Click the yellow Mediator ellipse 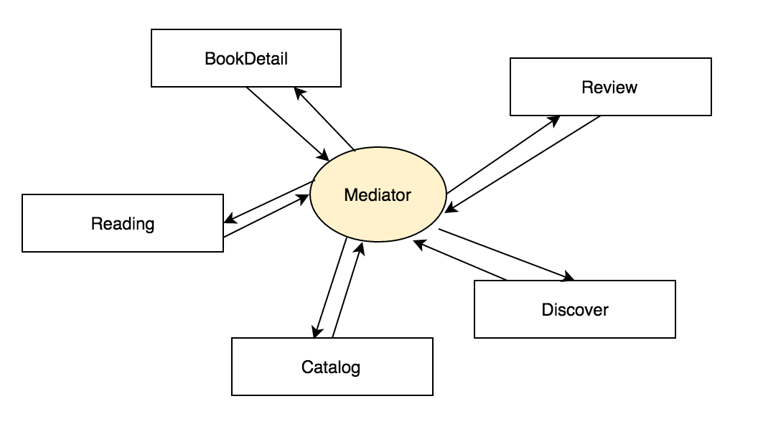[378, 194]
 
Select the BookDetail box [246, 58]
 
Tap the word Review [609, 88]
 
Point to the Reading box [123, 223]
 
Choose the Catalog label [331, 368]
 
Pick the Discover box [575, 309]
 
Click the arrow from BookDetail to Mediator [287, 123]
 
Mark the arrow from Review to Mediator [523, 164]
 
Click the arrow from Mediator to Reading [267, 203]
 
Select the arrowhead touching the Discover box [569, 276]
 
